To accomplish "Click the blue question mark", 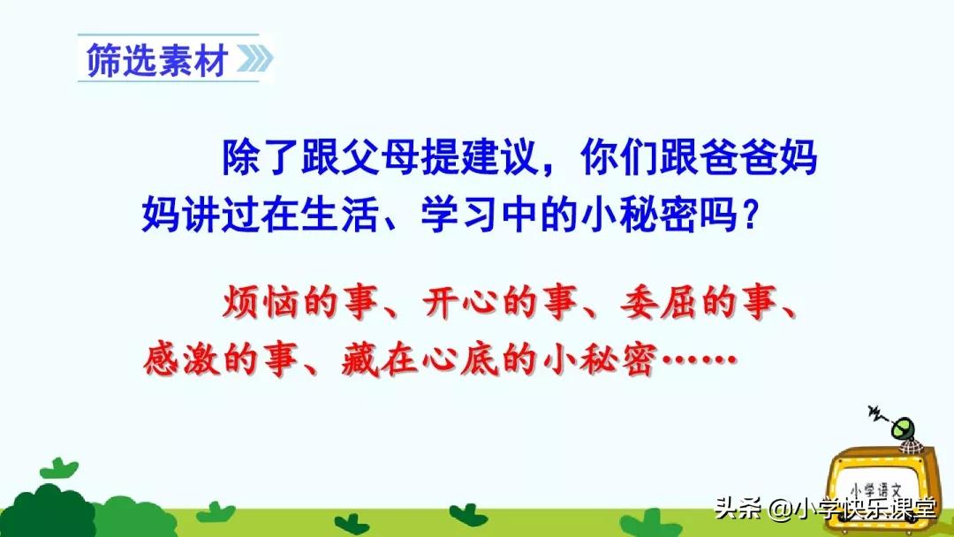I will pyautogui.click(x=747, y=213).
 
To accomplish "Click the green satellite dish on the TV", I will pyautogui.click(x=904, y=430).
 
